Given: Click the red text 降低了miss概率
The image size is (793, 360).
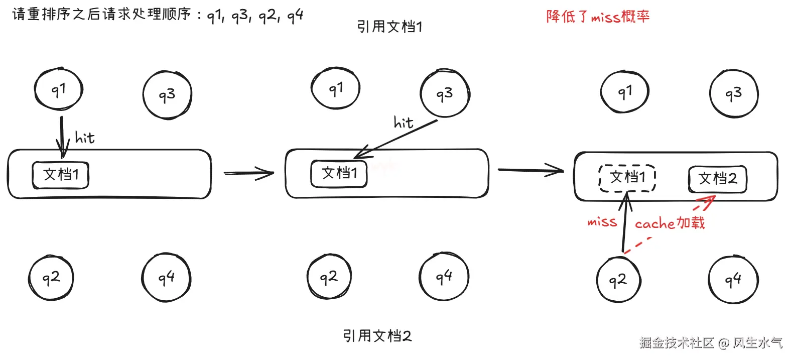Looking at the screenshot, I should (598, 17).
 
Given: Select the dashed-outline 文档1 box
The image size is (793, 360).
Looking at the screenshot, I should (627, 178).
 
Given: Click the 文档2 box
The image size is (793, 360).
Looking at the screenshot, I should (717, 179).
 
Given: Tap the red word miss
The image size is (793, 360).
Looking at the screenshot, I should (602, 221).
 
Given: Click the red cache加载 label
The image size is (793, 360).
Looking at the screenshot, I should (670, 223).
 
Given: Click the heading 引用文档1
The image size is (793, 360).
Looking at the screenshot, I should (389, 26).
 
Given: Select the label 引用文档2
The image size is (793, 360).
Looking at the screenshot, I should (377, 335).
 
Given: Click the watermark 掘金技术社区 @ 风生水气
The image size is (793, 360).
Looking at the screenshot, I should (711, 342).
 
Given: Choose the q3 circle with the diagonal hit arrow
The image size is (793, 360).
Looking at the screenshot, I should (445, 93).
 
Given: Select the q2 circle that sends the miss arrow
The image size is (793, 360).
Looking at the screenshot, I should (618, 280).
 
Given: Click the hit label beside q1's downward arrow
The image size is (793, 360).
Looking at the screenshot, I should (84, 137).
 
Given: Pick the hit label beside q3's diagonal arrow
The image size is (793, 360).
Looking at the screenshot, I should (404, 123).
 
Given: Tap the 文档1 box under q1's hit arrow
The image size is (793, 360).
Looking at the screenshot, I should (61, 175).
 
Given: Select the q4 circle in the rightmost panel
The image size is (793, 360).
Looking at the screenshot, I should (733, 280).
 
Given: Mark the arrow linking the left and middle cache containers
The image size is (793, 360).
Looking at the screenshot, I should (248, 173).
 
